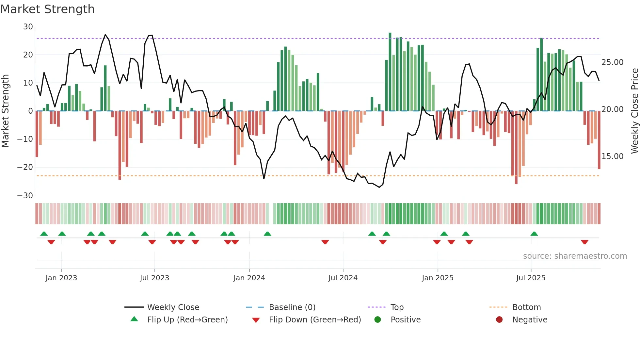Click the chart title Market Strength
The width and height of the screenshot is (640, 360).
pyautogui.click(x=47, y=9)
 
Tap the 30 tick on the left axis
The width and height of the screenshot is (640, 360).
pyautogui.click(x=28, y=27)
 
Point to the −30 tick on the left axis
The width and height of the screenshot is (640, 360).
pyautogui.click(x=25, y=195)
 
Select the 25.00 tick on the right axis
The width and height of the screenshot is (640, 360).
pyautogui.click(x=612, y=62)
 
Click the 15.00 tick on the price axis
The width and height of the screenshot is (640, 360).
pyautogui.click(x=612, y=156)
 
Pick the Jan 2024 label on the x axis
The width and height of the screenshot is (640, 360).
pyautogui.click(x=249, y=278)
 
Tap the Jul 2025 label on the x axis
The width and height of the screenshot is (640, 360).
pyautogui.click(x=531, y=278)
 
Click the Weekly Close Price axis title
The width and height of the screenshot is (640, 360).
pyautogui.click(x=634, y=111)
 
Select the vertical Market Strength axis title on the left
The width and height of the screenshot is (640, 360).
pyautogui.click(x=6, y=111)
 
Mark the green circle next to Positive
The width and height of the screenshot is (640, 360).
pyautogui.click(x=377, y=319)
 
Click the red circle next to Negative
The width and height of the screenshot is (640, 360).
pyautogui.click(x=499, y=319)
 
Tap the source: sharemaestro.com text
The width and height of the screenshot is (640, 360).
pyautogui.click(x=575, y=256)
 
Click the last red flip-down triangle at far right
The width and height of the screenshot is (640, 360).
pyautogui.click(x=584, y=242)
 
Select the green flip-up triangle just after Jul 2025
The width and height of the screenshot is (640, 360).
pyautogui.click(x=534, y=234)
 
